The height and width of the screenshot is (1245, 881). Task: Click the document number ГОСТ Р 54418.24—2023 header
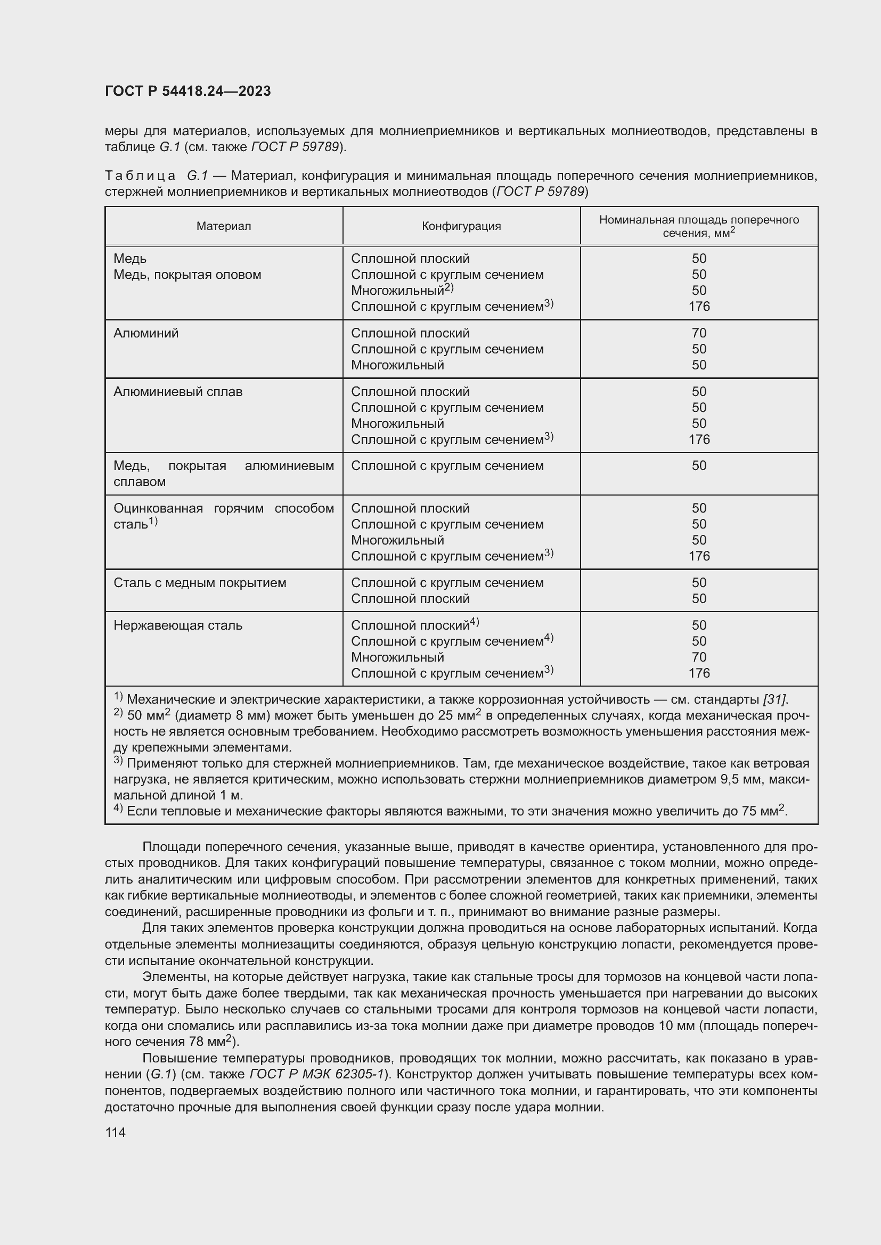[187, 91]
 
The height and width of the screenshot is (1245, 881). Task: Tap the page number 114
[115, 1132]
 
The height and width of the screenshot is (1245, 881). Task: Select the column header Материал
[224, 226]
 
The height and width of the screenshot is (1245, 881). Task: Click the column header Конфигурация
[461, 226]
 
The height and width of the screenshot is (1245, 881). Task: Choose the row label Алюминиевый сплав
[178, 392]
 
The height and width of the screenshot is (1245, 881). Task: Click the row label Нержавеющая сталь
[178, 626]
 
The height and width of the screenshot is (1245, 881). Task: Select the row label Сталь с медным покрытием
[200, 583]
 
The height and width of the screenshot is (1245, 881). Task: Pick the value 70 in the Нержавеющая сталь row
[699, 657]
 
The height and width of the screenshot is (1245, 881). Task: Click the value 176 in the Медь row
[699, 307]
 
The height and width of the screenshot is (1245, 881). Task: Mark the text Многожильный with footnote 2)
[402, 291]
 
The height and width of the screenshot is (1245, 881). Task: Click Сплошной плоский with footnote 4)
[414, 626]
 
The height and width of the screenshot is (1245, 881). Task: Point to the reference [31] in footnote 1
[774, 699]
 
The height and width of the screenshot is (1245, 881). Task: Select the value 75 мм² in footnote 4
[763, 811]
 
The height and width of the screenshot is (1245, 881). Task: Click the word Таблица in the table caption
[140, 176]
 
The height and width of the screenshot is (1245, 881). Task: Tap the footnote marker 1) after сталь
[153, 522]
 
